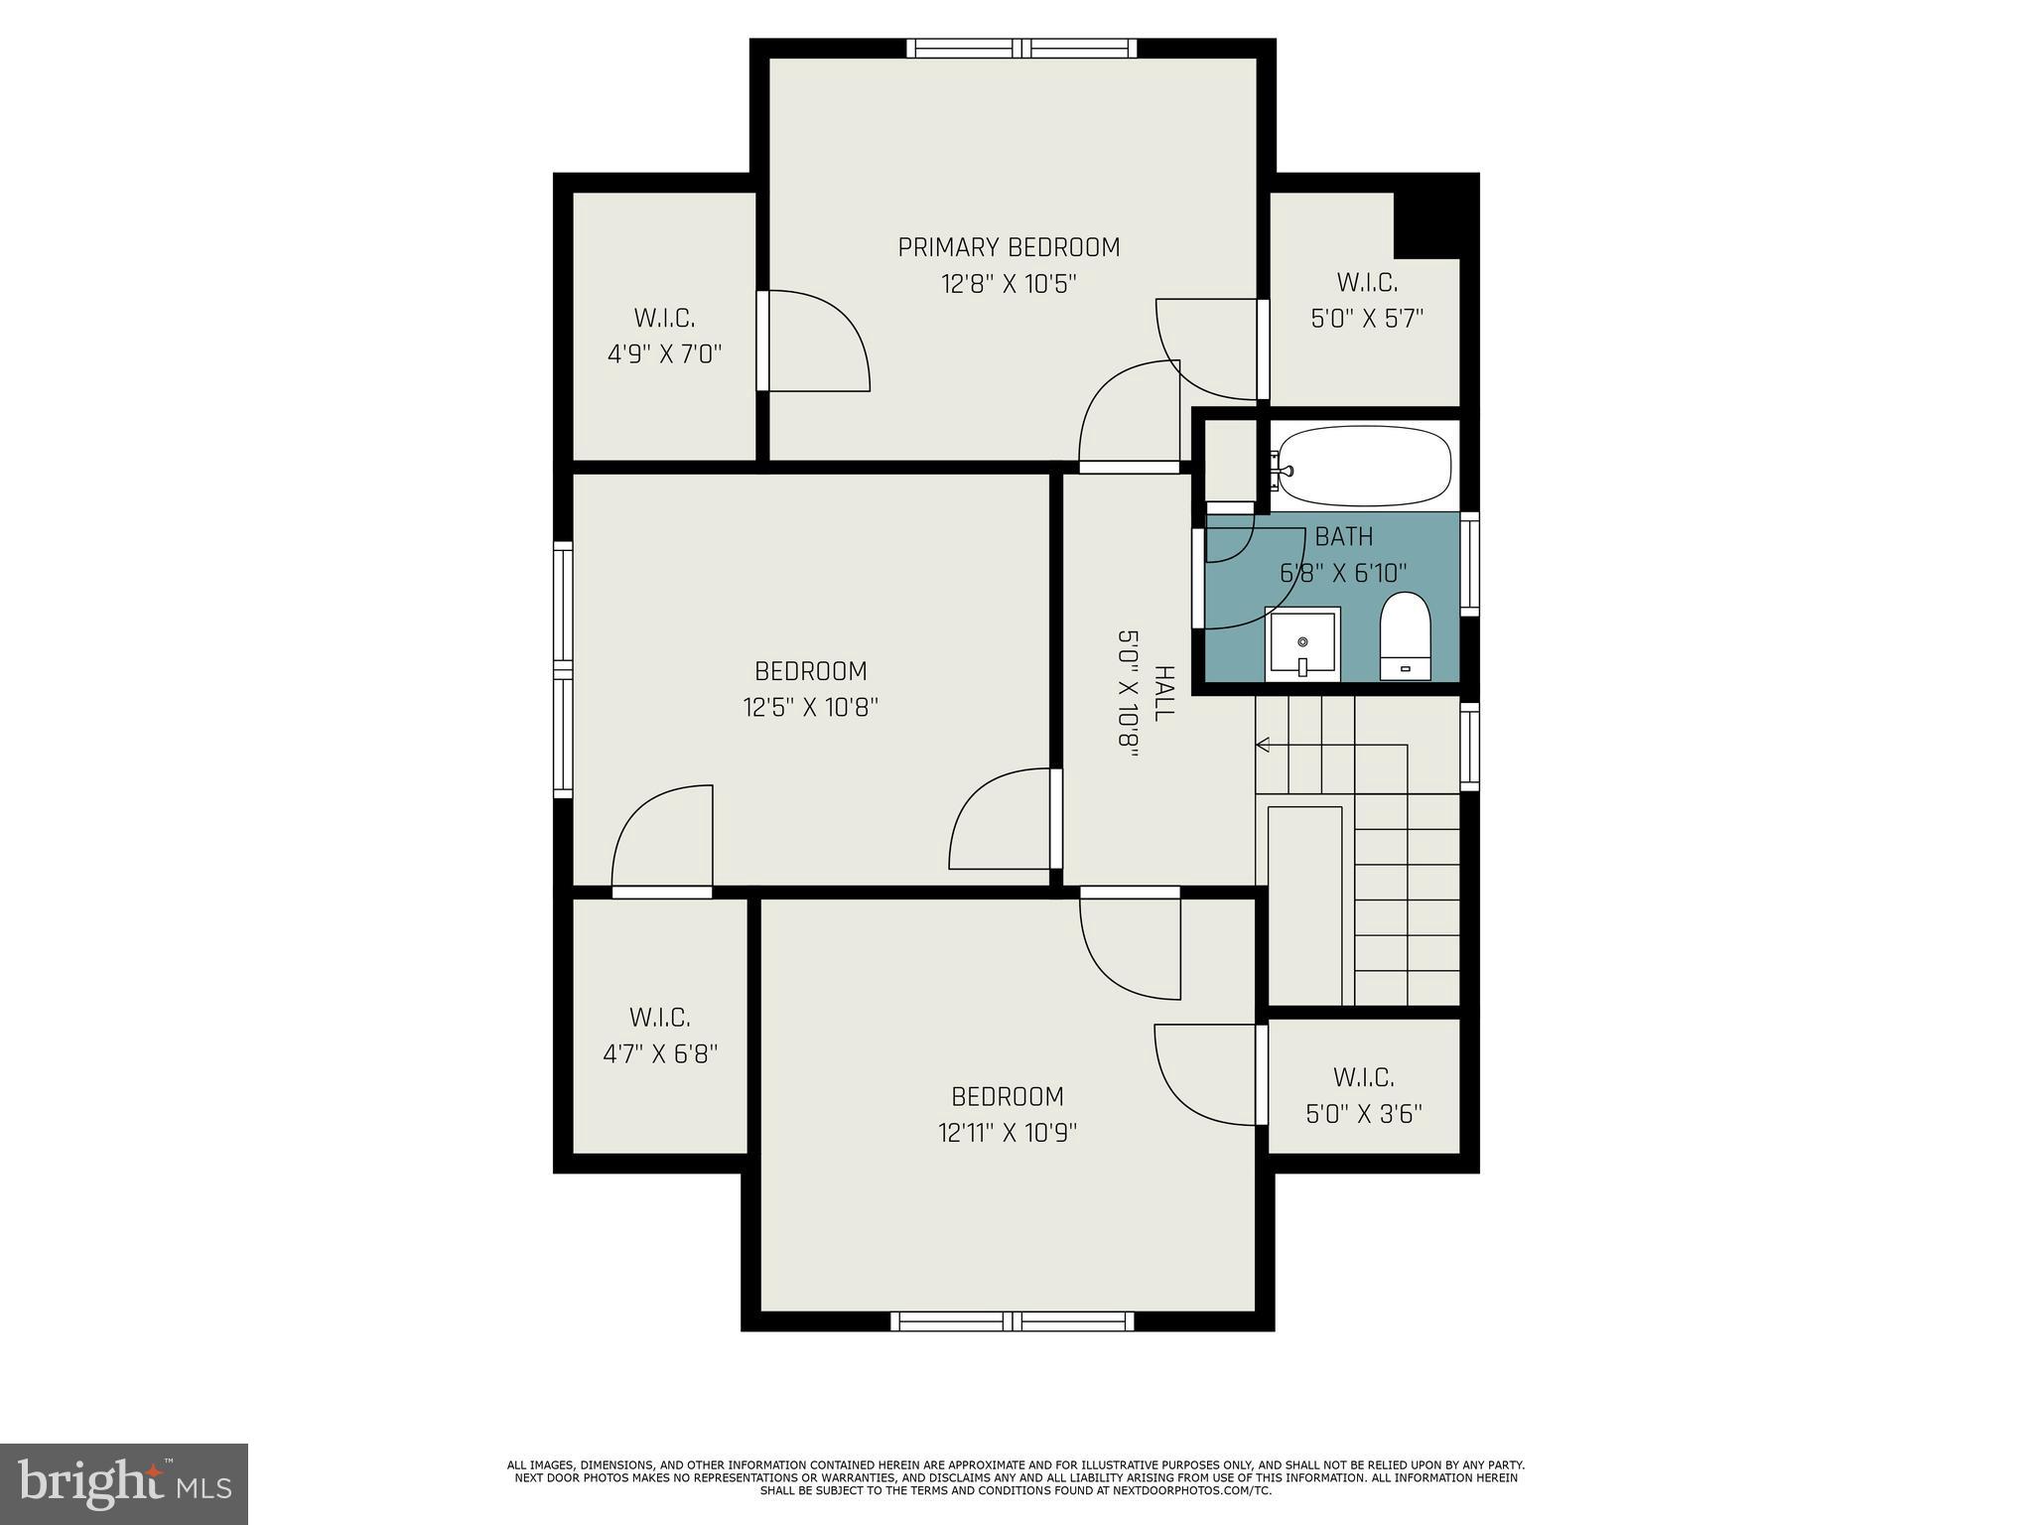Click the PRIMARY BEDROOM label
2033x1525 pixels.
1009,247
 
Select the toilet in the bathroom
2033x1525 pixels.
1405,636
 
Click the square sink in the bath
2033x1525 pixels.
1302,644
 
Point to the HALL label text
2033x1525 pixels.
1163,693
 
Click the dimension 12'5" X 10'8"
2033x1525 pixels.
811,708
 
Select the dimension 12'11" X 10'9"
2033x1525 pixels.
1008,1133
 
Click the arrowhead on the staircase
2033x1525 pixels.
1263,744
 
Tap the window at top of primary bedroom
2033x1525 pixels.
1021,48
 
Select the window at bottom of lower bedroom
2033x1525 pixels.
1012,1320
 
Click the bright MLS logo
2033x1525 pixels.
124,1483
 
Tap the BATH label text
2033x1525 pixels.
1344,537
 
